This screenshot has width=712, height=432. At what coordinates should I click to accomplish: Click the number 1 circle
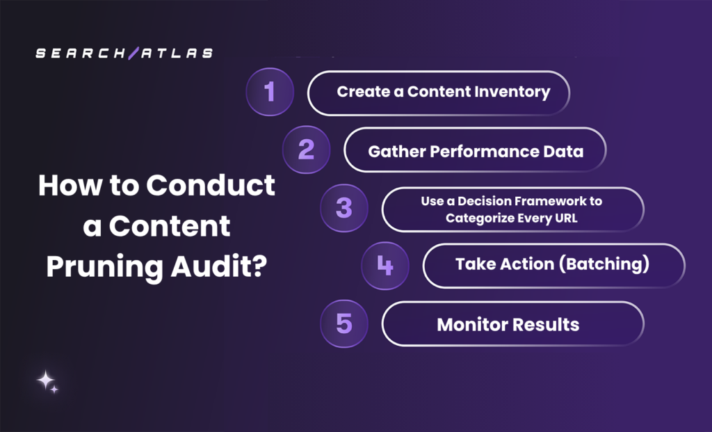270,92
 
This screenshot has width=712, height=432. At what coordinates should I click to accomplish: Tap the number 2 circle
306,150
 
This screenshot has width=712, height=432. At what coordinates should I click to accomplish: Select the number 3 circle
343,208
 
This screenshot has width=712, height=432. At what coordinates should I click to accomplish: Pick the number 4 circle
385,265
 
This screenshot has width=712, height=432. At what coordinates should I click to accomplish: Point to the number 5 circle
343,323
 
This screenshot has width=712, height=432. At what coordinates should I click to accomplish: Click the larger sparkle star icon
45,380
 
